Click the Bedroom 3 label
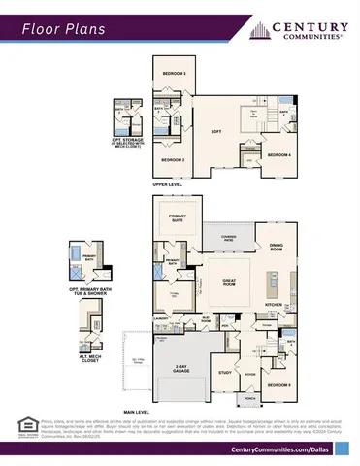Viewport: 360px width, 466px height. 175,74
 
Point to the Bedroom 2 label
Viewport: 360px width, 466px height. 173,158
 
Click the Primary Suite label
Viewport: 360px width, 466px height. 178,219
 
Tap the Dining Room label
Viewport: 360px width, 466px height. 277,248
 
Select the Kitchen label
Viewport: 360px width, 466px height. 274,304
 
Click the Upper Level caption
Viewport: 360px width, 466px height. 167,183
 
